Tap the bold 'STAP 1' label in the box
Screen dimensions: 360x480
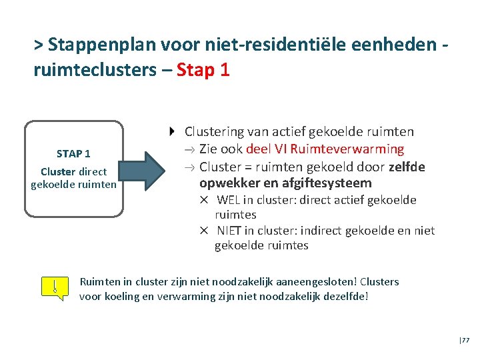point(73,154)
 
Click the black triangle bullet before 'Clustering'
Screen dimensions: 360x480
point(173,131)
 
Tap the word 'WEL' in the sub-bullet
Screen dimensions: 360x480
point(229,200)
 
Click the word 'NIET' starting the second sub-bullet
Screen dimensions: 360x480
point(231,231)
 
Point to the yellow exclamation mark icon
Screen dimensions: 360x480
point(55,288)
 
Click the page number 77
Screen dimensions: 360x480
point(465,340)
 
